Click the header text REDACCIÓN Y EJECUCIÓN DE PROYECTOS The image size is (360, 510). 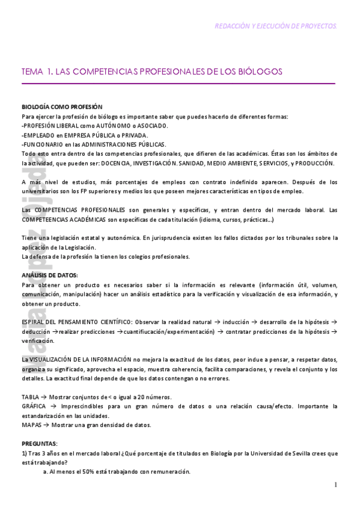point(276,26)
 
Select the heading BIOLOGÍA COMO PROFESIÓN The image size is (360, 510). point(62,107)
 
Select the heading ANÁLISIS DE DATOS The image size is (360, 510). point(50,275)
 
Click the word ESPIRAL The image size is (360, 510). point(34,322)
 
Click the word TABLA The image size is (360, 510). point(30,397)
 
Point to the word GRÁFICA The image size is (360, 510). point(34,407)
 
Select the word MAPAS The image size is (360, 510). point(31,425)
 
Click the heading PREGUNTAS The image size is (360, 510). point(40,444)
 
